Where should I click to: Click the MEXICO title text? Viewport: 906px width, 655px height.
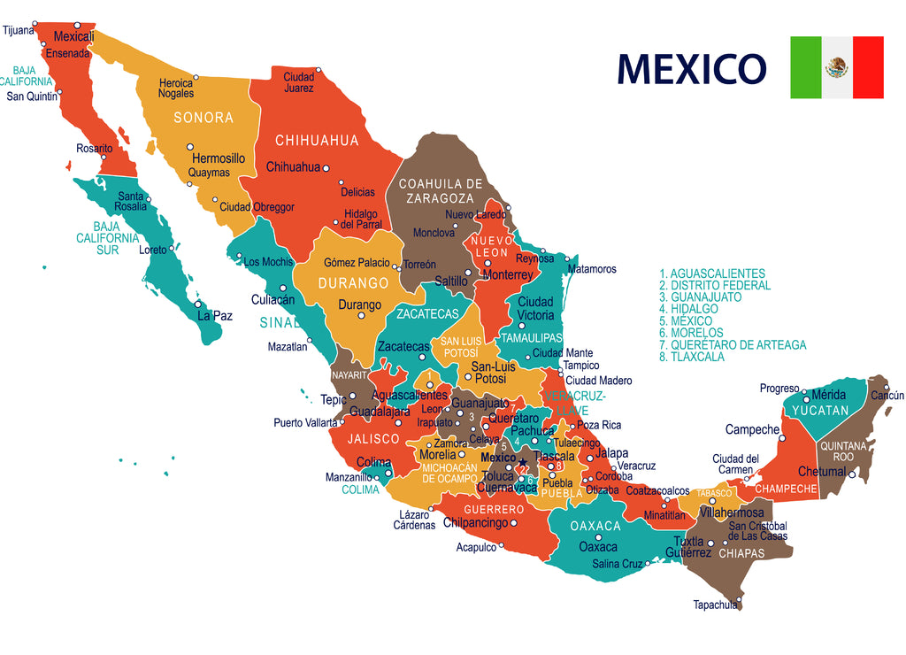tap(691, 69)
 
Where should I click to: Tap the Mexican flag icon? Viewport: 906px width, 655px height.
tap(836, 67)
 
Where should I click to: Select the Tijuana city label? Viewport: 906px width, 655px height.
tap(19, 30)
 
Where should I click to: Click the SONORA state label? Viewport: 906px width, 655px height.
tap(203, 118)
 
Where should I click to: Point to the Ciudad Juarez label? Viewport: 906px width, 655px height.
tap(298, 82)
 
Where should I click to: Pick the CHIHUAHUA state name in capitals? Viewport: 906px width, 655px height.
tap(317, 141)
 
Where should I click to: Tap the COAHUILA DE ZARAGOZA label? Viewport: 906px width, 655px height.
tap(441, 190)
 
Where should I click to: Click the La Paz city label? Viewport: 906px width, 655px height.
tap(215, 315)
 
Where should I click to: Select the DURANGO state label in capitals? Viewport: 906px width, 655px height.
tap(353, 283)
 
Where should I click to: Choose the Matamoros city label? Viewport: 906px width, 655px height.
tap(592, 269)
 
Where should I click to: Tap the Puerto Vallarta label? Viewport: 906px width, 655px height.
tap(305, 422)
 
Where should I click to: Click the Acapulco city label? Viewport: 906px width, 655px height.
tap(476, 548)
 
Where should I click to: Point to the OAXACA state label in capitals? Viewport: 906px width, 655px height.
tap(595, 526)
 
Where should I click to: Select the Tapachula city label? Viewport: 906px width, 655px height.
tap(715, 605)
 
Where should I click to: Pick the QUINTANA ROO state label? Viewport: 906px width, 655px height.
tap(843, 451)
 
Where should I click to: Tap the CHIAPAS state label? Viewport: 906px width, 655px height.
tap(741, 554)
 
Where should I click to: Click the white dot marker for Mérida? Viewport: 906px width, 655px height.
tap(805, 400)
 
